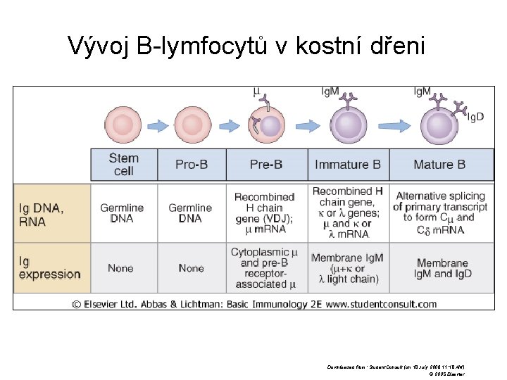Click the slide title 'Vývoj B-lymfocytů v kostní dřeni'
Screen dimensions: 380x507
tap(247, 46)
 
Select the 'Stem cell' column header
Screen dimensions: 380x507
tap(124, 165)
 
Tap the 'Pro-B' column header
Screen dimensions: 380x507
tap(192, 165)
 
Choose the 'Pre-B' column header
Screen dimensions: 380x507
tap(266, 165)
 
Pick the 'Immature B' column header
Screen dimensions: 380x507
tap(348, 165)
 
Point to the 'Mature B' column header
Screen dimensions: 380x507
tap(439, 165)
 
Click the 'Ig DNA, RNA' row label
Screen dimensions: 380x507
tap(42, 214)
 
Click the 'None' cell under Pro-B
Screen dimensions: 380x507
tap(191, 268)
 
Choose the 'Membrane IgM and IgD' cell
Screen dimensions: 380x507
tap(442, 268)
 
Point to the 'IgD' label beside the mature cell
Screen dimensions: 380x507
tap(476, 117)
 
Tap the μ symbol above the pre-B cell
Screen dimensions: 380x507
tap(256, 91)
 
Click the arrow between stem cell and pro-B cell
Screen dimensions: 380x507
tap(159, 126)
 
